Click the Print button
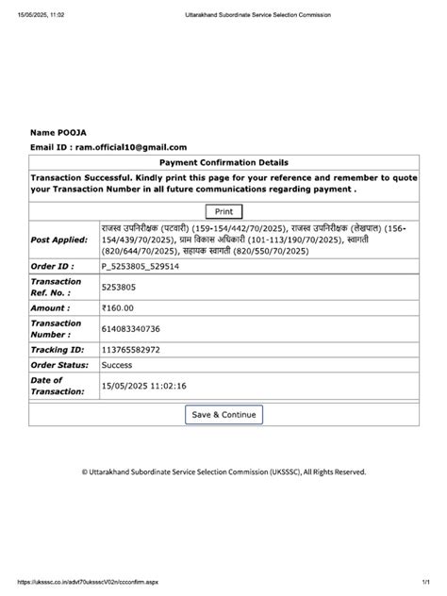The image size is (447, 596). coord(223,212)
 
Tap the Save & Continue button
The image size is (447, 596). coord(223,414)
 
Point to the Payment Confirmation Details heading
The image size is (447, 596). coord(223,163)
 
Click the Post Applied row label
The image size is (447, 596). coord(59,240)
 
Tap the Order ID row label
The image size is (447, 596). coord(52,267)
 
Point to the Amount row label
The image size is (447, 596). coord(50,307)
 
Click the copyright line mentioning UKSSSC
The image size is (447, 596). coord(223,472)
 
